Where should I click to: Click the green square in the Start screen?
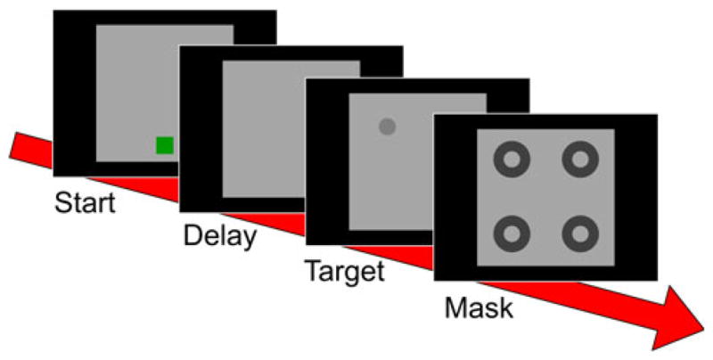coord(165,145)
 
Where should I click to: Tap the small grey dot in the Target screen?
coord(387,127)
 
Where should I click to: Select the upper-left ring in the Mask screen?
coord(512,161)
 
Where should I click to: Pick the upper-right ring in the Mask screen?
coord(580,161)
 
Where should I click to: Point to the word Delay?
coord(219,237)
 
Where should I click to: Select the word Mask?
coord(479,308)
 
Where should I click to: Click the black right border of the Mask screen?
coord(636,196)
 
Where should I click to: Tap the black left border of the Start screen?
coord(74,89)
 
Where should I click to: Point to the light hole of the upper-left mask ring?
coord(512,161)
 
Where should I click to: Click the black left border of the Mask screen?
coord(455,196)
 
